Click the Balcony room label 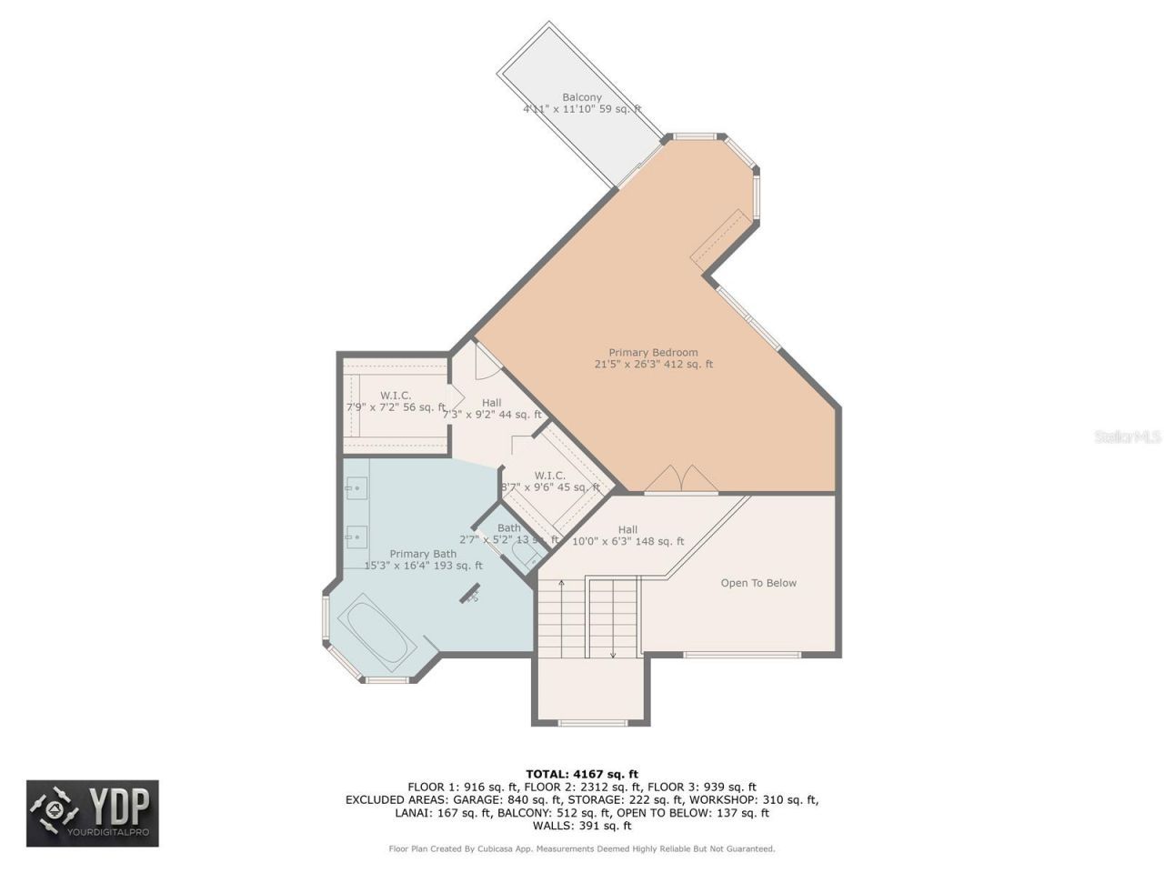click(582, 97)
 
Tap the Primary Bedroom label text click(653, 353)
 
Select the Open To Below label click(758, 583)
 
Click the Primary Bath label click(423, 554)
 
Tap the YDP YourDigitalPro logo click(93, 813)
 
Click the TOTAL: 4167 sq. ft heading click(582, 775)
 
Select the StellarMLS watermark click(1128, 436)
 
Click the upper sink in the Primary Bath click(355, 488)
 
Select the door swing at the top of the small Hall click(485, 362)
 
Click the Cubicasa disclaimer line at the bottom click(582, 849)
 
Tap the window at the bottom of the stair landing click(592, 723)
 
